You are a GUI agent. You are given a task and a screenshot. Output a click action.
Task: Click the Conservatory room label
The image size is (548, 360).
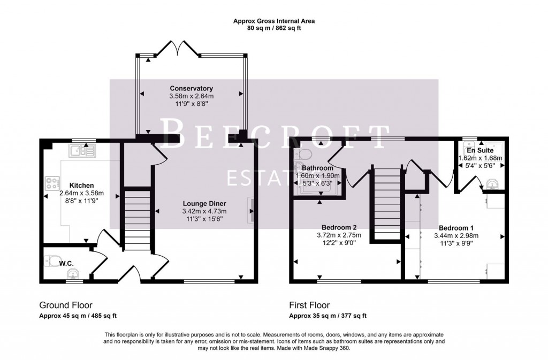tap(192, 88)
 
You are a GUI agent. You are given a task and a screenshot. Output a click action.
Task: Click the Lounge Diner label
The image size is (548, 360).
tap(204, 203)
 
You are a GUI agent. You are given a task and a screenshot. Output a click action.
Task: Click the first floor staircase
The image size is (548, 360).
tap(386, 203)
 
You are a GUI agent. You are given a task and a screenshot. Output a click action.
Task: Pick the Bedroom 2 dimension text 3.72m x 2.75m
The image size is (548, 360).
tap(339, 234)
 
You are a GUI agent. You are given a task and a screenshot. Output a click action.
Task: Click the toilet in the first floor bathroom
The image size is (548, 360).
tap(306, 155)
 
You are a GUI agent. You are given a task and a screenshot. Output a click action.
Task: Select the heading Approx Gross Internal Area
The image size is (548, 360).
tap(273, 21)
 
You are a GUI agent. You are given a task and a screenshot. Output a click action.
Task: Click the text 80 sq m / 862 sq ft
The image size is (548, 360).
tap(273, 28)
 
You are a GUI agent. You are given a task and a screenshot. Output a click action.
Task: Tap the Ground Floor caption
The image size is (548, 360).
tap(64, 305)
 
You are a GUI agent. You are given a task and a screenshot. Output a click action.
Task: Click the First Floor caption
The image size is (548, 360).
tap(310, 305)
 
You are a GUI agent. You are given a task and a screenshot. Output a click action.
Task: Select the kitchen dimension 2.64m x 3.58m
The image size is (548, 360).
tap(81, 193)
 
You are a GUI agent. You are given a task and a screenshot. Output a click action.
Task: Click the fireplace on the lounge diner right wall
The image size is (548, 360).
tap(250, 210)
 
